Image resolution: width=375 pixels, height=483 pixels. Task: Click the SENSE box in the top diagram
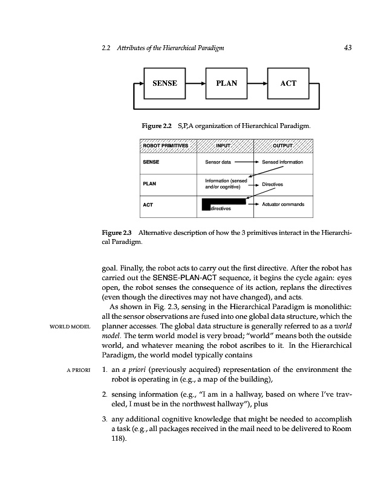[x=164, y=83]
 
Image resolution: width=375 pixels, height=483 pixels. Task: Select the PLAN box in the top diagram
[x=226, y=83]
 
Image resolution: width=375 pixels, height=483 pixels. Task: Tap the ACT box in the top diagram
[x=289, y=83]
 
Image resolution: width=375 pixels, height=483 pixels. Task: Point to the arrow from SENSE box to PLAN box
[x=195, y=83]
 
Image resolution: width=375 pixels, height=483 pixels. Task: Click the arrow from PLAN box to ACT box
[x=257, y=83]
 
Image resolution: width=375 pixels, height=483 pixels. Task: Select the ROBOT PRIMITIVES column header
[x=166, y=146]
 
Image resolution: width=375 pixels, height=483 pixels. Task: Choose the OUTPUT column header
[x=282, y=146]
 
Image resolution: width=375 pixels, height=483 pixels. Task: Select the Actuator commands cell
[x=283, y=204]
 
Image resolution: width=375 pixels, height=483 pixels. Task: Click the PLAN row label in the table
[x=149, y=184]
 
